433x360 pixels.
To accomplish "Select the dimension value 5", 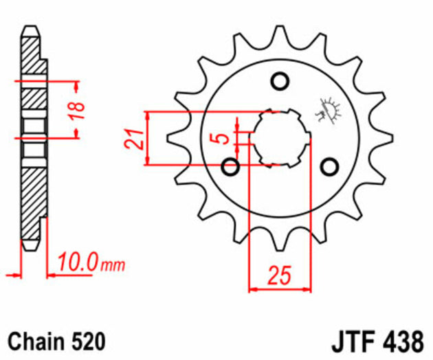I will click(x=221, y=137).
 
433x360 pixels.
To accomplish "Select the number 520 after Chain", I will click(x=87, y=341).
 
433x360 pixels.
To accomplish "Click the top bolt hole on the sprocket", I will click(x=280, y=81).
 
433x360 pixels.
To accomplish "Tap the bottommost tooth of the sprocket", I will click(x=280, y=240).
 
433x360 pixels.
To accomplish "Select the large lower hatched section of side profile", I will click(x=33, y=199).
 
